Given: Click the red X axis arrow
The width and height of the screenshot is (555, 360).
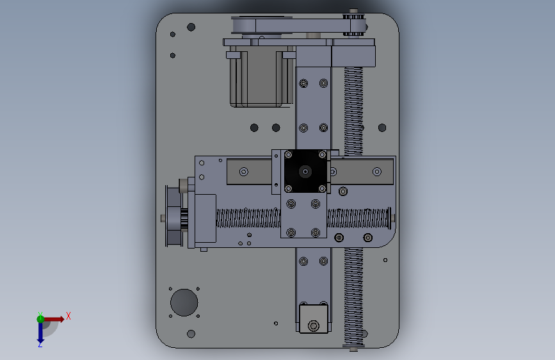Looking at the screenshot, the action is (x=54, y=319).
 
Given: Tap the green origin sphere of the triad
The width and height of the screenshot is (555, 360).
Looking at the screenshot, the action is (x=40, y=319).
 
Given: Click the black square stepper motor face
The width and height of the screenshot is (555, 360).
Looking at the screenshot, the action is (x=305, y=172).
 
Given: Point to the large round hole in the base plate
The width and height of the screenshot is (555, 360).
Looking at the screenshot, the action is (x=184, y=302).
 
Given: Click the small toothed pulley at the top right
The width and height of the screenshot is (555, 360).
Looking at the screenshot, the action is (x=353, y=25).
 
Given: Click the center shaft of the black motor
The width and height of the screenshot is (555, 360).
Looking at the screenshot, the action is (x=305, y=172).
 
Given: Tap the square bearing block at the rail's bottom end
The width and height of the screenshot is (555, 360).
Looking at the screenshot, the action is (x=314, y=319).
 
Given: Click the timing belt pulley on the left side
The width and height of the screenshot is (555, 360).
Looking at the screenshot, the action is (x=173, y=216).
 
